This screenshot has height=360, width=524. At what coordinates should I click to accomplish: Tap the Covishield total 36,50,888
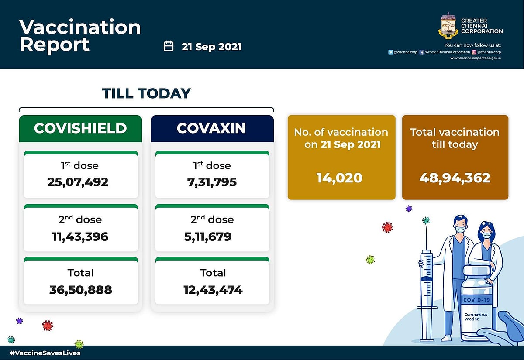pos(81,289)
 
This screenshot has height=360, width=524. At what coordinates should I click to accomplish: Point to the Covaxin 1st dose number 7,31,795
pos(212,182)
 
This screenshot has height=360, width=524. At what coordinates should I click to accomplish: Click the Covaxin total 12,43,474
pos(213,289)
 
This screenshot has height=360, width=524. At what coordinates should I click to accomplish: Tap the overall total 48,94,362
pos(455,178)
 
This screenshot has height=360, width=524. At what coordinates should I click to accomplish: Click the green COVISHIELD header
pos(80,128)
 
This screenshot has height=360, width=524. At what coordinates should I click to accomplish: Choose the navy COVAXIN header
pos(212,128)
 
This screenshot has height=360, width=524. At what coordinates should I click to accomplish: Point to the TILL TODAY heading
pos(146,93)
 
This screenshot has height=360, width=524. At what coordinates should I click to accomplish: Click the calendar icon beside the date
pos(169,46)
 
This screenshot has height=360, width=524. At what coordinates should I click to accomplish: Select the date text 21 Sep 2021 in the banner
pos(212,47)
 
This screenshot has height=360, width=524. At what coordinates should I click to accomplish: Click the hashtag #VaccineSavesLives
pos(45,353)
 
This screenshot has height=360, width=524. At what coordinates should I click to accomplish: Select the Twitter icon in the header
pos(390,52)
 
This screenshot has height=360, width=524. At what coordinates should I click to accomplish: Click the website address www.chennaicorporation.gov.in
pos(475,58)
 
